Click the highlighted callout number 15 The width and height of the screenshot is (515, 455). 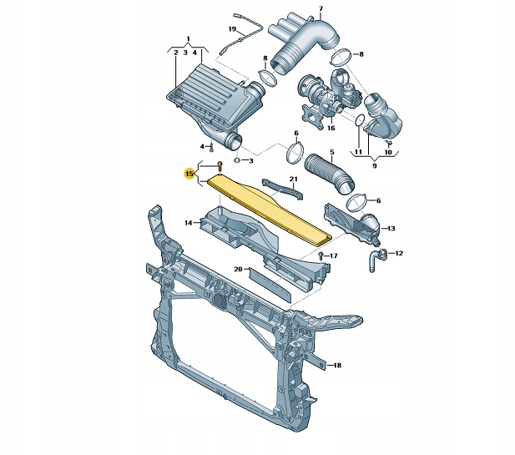189,173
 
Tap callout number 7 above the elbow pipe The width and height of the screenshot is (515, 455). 321,8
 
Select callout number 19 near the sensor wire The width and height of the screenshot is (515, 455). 232,29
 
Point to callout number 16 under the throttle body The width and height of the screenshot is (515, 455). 331,128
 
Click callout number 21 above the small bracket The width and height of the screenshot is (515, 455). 293,179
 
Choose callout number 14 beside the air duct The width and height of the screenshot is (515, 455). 188,223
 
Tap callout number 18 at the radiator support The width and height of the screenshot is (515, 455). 337,365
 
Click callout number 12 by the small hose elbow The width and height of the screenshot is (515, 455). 399,253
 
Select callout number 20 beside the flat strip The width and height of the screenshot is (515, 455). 238,270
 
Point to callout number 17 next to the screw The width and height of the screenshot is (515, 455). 333,255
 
